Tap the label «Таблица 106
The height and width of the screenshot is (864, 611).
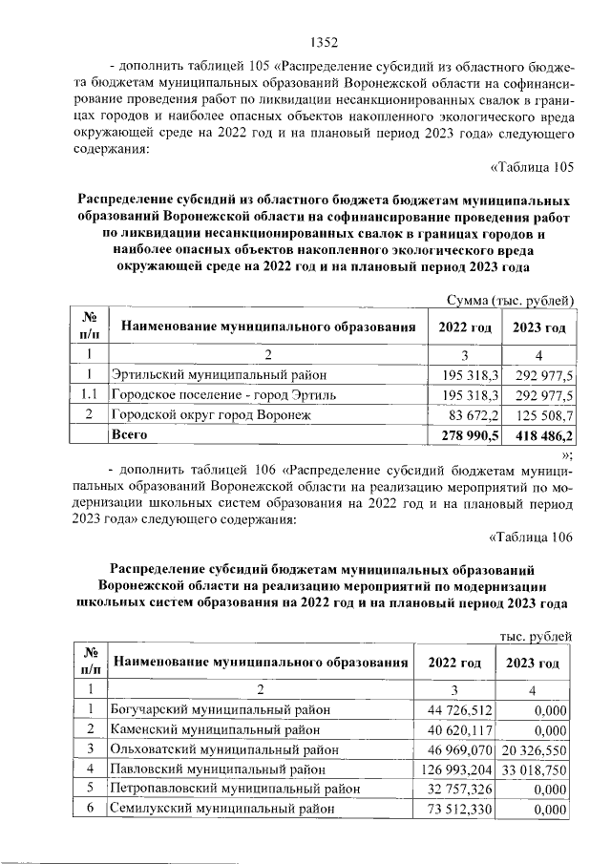(x=529, y=536)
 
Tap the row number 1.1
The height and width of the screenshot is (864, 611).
(x=88, y=394)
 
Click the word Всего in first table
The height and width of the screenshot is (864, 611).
(x=131, y=434)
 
